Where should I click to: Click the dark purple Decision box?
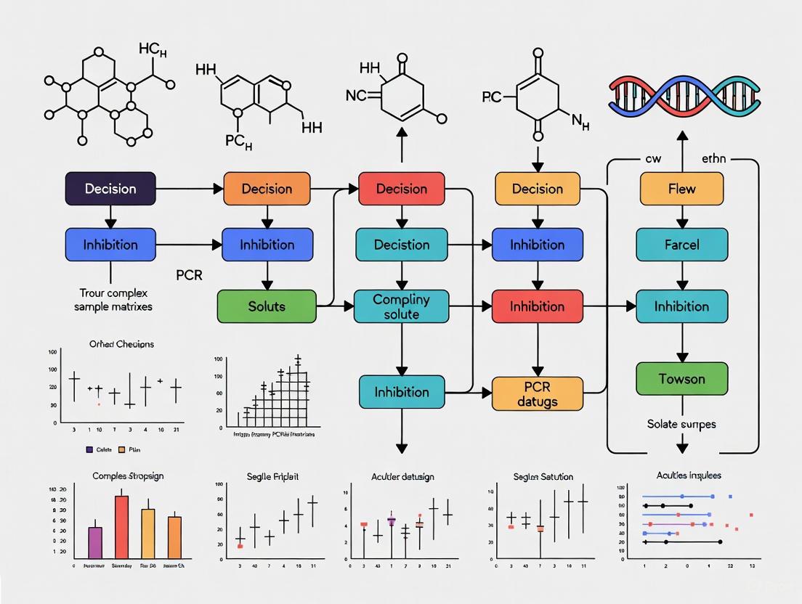click(x=110, y=189)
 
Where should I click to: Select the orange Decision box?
click(x=267, y=189)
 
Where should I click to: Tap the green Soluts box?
click(x=267, y=306)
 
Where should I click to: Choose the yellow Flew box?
click(x=681, y=189)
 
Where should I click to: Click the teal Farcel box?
click(x=681, y=245)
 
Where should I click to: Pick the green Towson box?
click(x=681, y=379)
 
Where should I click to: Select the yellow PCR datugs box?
click(x=538, y=393)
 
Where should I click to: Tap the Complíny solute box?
click(x=401, y=306)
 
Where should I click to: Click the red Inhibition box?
click(x=538, y=306)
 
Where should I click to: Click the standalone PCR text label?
click(x=189, y=276)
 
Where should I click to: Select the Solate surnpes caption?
click(x=681, y=423)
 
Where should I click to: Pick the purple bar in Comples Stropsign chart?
click(x=95, y=541)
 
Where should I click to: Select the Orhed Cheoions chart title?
click(x=121, y=343)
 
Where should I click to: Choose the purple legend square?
click(x=89, y=449)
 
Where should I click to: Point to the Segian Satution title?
click(x=543, y=477)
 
